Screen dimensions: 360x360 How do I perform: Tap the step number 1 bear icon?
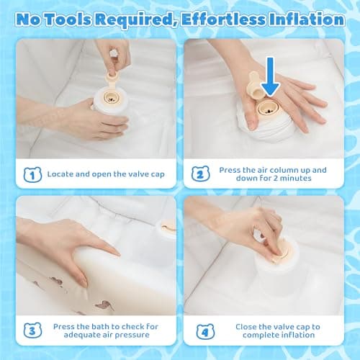tap(32, 174)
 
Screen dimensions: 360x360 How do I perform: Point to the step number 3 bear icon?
tap(32, 331)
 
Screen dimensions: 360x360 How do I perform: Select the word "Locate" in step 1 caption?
tap(61, 174)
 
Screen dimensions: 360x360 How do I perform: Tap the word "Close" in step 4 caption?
tap(248, 326)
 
